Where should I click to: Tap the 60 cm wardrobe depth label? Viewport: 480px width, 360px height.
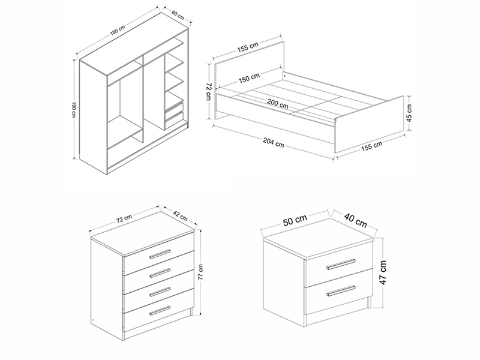[x=178, y=15]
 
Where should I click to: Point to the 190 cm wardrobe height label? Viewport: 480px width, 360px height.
[x=74, y=109]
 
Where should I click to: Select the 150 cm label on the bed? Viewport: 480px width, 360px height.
[x=249, y=78]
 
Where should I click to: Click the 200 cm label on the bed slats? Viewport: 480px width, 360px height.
[x=277, y=103]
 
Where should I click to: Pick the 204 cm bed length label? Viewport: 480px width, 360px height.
[x=273, y=142]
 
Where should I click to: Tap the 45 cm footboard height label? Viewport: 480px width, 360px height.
[x=410, y=113]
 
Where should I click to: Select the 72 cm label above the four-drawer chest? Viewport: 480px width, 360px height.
[x=124, y=218]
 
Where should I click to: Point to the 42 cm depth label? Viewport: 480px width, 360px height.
[x=180, y=215]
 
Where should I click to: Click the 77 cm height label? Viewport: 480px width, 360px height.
[x=200, y=272]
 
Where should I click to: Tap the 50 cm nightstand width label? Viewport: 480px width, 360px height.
[x=295, y=220]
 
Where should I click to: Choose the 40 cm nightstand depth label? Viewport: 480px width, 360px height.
[x=355, y=220]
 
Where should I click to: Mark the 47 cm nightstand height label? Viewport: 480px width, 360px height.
[x=383, y=272]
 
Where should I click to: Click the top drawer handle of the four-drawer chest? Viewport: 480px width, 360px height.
[x=160, y=254]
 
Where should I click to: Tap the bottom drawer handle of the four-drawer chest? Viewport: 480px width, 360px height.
[x=160, y=310]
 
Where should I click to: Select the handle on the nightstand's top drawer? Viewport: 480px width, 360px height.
[x=341, y=265]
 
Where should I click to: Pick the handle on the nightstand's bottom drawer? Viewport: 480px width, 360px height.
[x=341, y=291]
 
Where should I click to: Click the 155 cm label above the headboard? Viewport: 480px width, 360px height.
[x=248, y=47]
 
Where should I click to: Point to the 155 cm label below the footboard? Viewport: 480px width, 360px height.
[x=371, y=146]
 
